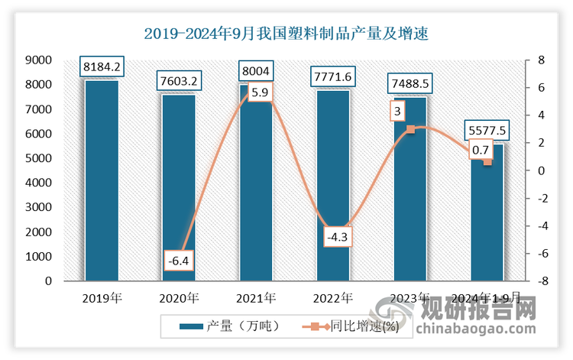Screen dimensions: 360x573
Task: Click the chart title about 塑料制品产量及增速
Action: click(x=286, y=34)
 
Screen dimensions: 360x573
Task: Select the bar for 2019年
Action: click(x=102, y=180)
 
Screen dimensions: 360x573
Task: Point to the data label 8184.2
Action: click(x=102, y=67)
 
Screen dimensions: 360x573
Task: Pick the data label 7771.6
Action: click(x=333, y=77)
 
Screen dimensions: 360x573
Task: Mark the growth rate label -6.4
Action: click(x=179, y=261)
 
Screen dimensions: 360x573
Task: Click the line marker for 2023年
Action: click(x=410, y=129)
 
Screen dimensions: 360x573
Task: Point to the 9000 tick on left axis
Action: click(x=38, y=60)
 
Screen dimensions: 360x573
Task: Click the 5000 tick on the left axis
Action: click(x=38, y=158)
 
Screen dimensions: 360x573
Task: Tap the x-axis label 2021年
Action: click(x=256, y=297)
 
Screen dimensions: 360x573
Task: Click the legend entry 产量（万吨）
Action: click(x=229, y=326)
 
